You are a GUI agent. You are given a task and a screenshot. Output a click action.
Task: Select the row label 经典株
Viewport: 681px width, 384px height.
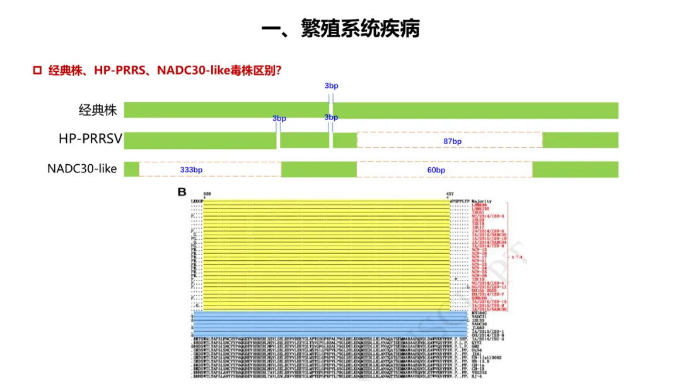[98, 111]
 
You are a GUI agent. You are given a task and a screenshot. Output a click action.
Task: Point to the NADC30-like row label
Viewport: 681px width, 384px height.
[82, 169]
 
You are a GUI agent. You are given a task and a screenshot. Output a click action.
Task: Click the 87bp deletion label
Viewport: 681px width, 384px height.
[452, 141]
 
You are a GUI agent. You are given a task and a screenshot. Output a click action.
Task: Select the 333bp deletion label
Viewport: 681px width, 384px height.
[191, 170]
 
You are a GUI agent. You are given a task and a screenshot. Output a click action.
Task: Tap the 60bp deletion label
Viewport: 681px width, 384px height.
[436, 170]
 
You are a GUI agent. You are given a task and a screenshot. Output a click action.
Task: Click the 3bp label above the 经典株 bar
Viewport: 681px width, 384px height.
[331, 85]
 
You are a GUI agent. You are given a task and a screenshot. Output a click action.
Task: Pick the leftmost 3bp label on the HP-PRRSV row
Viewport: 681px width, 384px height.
[279, 118]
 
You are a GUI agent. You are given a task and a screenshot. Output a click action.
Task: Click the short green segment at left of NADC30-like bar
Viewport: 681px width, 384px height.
[131, 169]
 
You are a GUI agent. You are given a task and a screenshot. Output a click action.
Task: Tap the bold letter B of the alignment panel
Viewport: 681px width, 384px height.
[182, 192]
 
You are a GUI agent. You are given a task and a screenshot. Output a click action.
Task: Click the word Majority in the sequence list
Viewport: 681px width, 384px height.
[483, 201]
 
